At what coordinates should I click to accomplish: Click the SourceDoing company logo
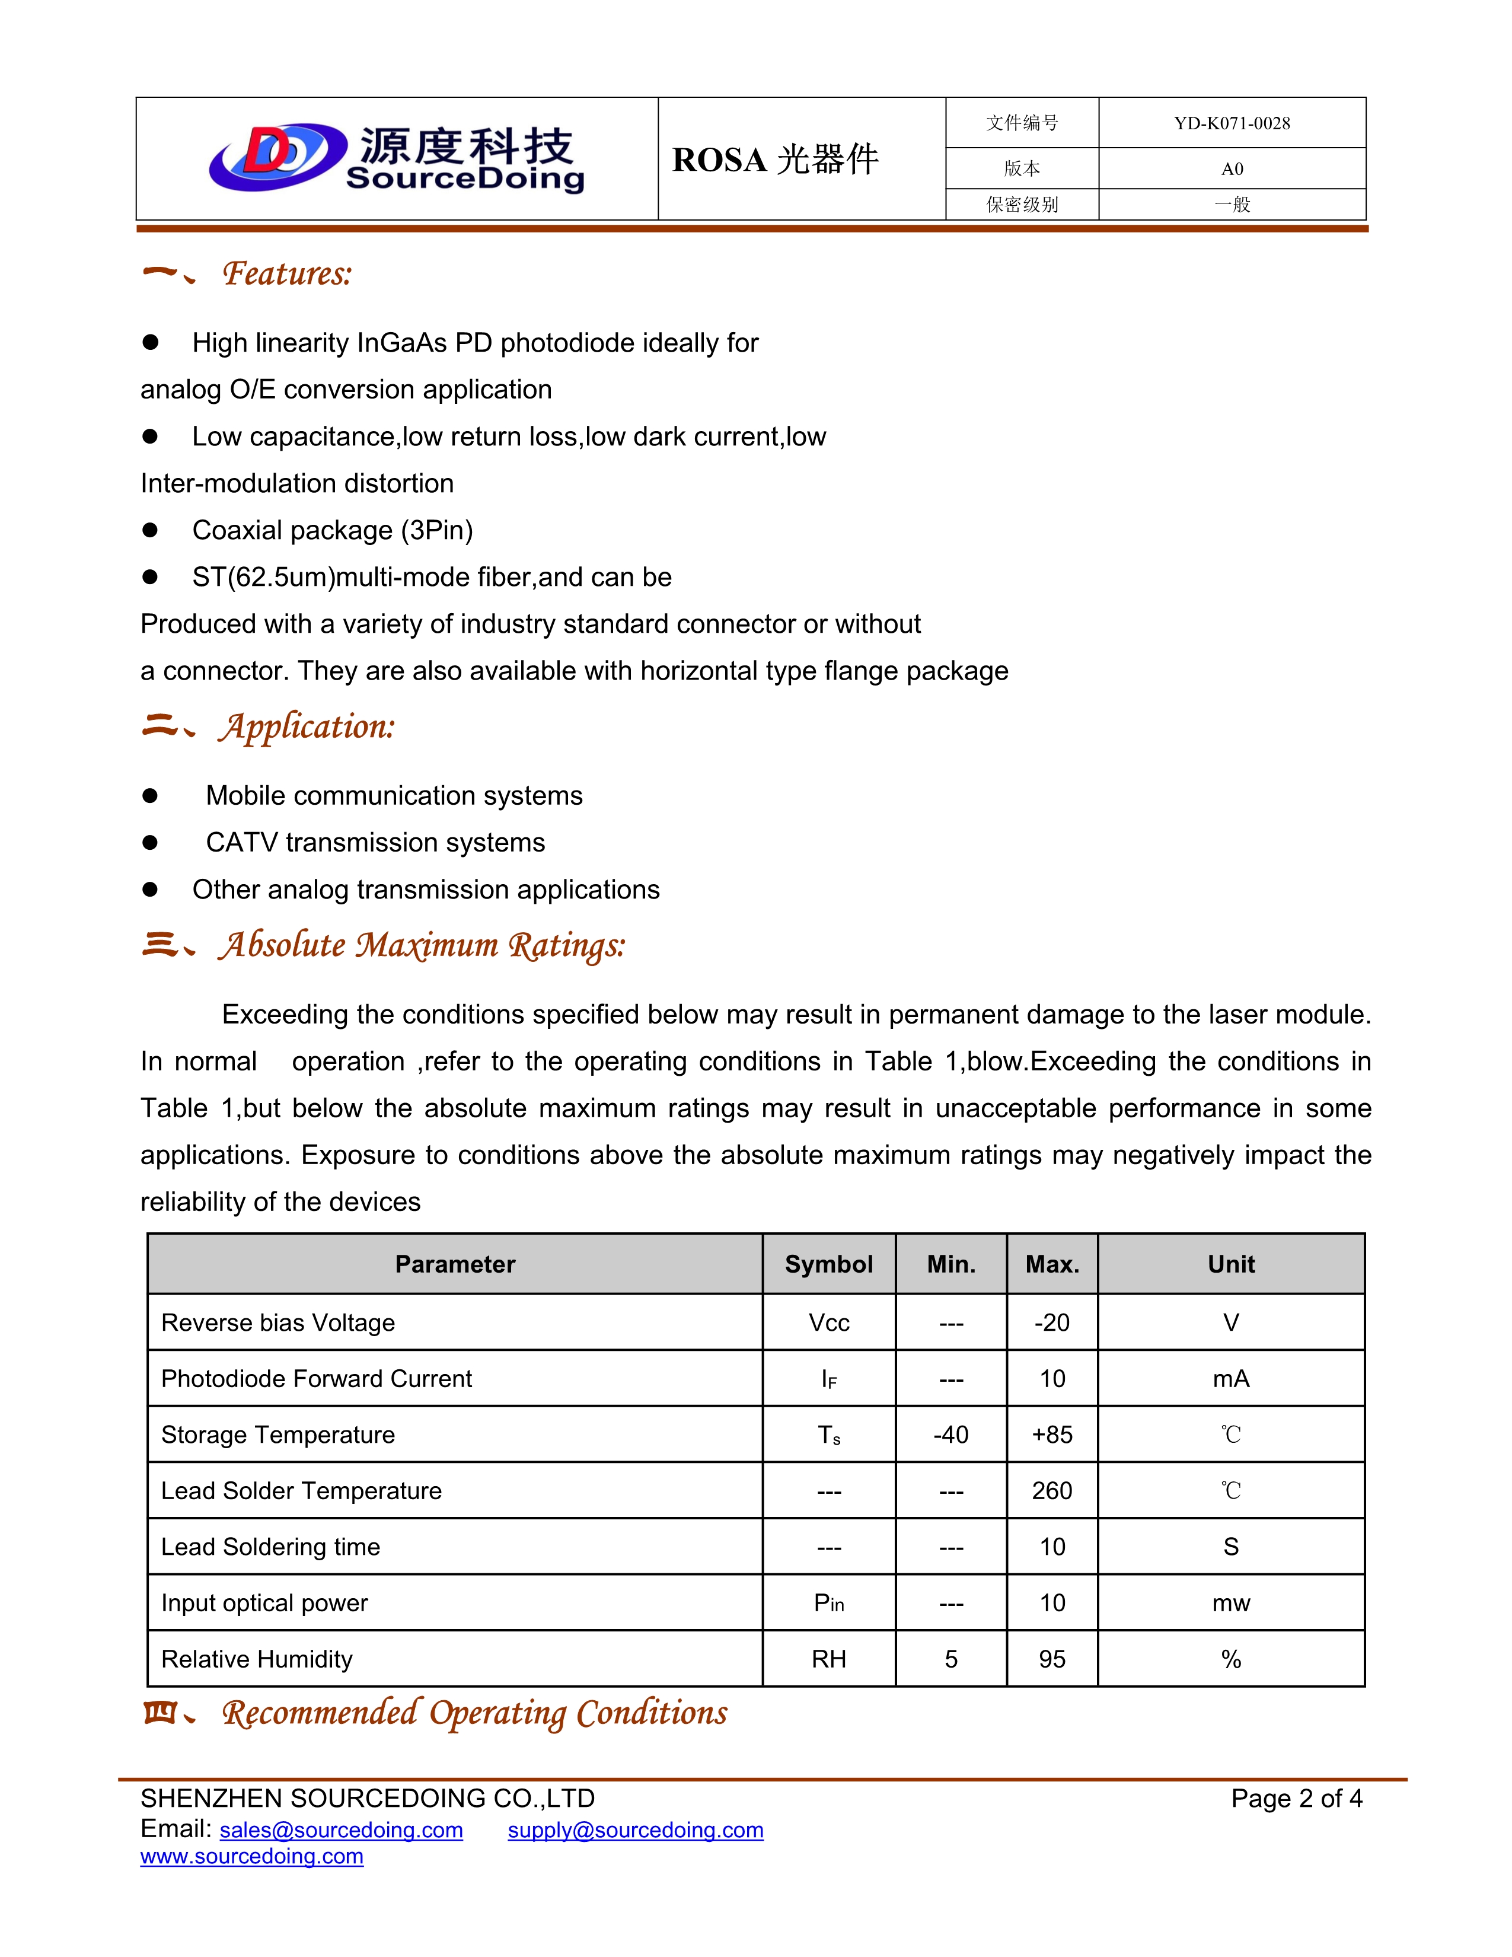click(397, 158)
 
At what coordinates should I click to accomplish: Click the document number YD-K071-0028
click(1232, 124)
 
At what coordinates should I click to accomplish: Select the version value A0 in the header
click(1232, 168)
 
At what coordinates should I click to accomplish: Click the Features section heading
click(286, 273)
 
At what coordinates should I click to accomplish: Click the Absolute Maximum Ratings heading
click(421, 945)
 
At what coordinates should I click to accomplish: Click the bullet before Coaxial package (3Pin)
click(151, 531)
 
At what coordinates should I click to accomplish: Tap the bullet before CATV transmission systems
click(151, 842)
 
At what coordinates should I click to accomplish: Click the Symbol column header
click(828, 1264)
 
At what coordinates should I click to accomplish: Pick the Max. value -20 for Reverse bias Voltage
click(1052, 1322)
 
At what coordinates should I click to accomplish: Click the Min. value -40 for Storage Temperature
click(950, 1435)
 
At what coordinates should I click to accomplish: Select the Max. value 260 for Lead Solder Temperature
click(1052, 1491)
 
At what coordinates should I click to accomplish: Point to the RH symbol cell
click(828, 1659)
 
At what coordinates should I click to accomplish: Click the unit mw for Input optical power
click(1231, 1603)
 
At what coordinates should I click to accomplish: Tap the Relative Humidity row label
click(257, 1659)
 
